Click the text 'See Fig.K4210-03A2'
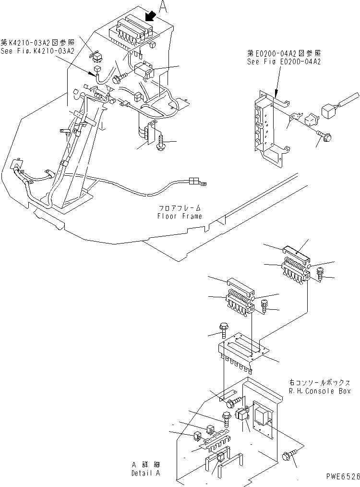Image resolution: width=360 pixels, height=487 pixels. click(37, 51)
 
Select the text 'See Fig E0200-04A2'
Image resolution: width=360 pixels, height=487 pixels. click(284, 62)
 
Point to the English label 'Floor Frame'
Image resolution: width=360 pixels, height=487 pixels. click(180, 216)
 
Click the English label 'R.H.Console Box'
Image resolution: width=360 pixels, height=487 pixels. click(319, 391)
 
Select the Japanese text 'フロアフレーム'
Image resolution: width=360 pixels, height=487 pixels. click(180, 209)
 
